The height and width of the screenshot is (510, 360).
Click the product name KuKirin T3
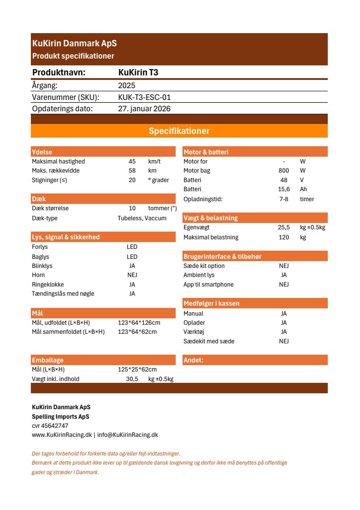click(138, 73)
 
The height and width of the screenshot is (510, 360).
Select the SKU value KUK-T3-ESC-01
click(144, 97)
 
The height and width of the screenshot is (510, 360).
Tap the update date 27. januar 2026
click(144, 109)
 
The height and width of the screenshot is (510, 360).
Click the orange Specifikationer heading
click(179, 131)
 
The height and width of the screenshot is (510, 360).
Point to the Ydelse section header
click(42, 152)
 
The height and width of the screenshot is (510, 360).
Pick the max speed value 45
click(132, 162)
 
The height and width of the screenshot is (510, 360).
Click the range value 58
click(132, 171)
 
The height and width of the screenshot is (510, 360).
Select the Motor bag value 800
click(284, 171)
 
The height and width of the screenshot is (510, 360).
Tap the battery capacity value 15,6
click(284, 189)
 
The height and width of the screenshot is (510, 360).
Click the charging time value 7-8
click(284, 199)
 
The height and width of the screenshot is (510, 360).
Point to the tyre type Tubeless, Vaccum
click(142, 218)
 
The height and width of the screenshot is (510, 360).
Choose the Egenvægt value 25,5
click(284, 228)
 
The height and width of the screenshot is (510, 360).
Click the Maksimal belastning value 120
click(284, 237)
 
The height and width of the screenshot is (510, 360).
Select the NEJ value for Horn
click(132, 275)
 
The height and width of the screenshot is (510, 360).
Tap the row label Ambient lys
click(199, 275)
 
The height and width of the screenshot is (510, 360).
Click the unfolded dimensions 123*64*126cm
click(139, 323)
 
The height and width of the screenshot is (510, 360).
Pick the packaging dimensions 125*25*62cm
click(137, 370)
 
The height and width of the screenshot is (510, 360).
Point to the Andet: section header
click(193, 361)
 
